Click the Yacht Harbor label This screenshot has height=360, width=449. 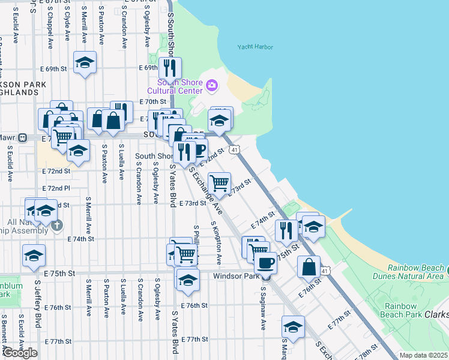(x=255, y=47)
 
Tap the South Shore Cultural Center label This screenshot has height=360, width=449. (x=179, y=86)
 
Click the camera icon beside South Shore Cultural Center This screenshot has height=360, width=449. (x=211, y=86)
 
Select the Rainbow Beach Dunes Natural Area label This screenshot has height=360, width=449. (x=415, y=272)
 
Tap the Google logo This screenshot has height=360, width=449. (x=20, y=353)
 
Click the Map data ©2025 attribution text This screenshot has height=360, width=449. (x=423, y=355)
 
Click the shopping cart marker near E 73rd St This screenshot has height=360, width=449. (x=220, y=183)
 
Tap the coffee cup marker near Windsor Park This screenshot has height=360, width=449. (x=265, y=262)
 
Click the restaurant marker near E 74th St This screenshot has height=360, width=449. (x=286, y=230)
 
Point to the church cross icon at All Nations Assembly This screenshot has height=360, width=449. (x=56, y=226)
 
